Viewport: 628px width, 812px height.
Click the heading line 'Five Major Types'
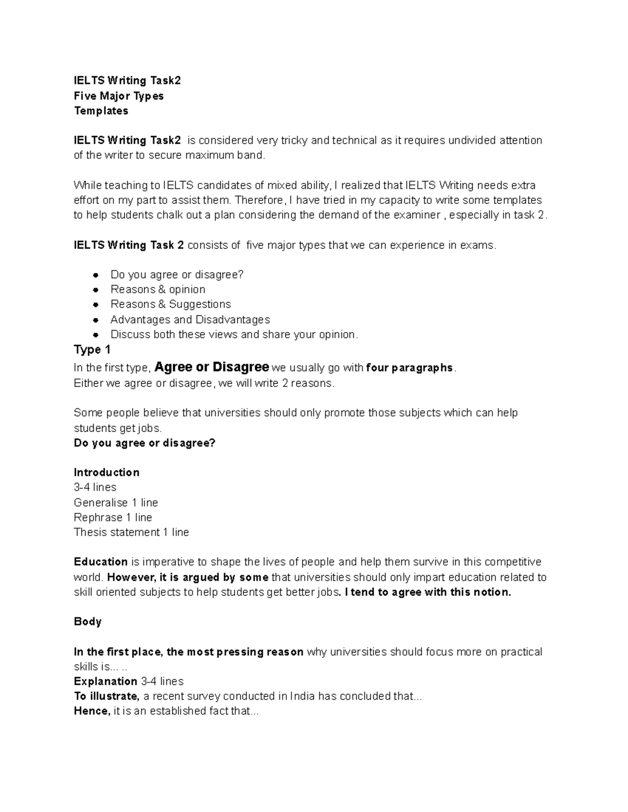coord(119,96)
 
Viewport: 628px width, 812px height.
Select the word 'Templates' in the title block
coord(101,111)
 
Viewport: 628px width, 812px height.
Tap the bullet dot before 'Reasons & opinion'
coord(95,290)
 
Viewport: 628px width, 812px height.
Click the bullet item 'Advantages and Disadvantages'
coord(190,319)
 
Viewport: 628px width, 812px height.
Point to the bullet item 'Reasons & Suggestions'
coord(171,304)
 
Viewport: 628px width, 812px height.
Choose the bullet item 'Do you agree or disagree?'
coord(177,275)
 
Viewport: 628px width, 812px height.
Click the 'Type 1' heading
coord(92,350)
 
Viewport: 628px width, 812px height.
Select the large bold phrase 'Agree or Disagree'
coord(212,367)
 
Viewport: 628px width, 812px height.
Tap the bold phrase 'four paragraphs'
coord(409,368)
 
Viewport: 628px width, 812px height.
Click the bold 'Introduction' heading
coord(107,473)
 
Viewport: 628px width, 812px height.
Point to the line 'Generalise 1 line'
coord(116,502)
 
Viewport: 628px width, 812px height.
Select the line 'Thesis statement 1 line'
coord(131,532)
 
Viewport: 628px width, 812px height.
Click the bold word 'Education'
coord(101,562)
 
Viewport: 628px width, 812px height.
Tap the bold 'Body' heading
coord(87,622)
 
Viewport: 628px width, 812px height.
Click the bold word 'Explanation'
coord(106,681)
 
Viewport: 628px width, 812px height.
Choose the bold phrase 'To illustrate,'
coord(107,696)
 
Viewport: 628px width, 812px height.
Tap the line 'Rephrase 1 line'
coord(113,518)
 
